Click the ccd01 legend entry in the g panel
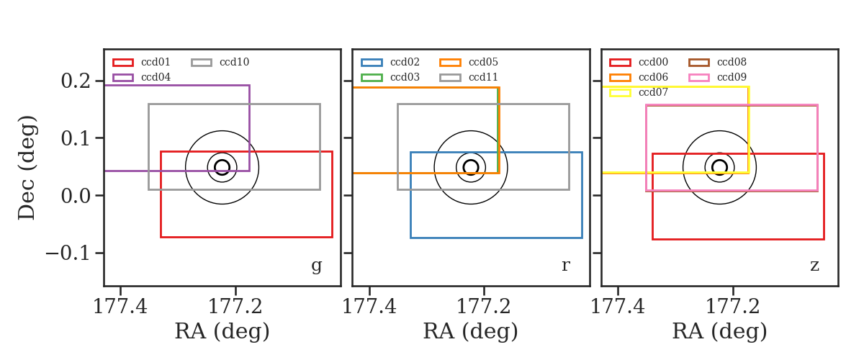point(142,63)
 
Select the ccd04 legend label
point(156,78)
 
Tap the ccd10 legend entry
point(220,63)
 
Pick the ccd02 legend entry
point(390,63)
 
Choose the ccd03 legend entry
point(390,78)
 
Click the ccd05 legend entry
point(469,63)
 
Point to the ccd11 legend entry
point(469,78)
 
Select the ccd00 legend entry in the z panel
point(639,63)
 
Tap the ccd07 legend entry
point(639,93)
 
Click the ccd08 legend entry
point(717,63)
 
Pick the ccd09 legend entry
point(717,78)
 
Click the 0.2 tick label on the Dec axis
point(76,81)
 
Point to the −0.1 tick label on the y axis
point(68,253)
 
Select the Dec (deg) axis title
point(27,168)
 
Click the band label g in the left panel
point(316,266)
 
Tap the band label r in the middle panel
point(565,266)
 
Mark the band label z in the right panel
point(814,266)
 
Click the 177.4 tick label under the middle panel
point(369,307)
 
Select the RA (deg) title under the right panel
point(719,332)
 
